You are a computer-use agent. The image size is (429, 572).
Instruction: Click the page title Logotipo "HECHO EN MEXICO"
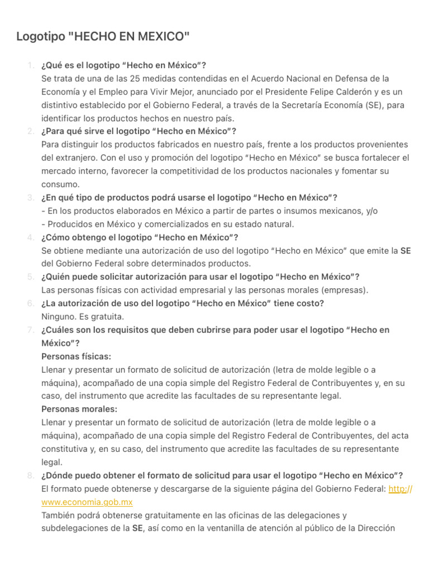(x=103, y=37)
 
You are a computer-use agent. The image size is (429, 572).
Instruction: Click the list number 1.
(x=31, y=65)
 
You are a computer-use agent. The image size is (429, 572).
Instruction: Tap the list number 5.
(x=31, y=277)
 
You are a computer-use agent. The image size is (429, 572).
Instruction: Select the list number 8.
(x=31, y=475)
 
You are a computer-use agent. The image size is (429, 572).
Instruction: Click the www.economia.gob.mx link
(x=87, y=502)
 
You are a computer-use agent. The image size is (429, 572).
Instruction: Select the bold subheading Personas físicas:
(x=76, y=356)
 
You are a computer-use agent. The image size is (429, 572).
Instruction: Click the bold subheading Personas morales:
(x=79, y=409)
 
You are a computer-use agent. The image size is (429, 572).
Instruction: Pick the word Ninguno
(x=59, y=316)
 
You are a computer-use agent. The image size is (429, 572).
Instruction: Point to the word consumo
(x=60, y=184)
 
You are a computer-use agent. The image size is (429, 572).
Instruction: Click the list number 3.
(x=31, y=197)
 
